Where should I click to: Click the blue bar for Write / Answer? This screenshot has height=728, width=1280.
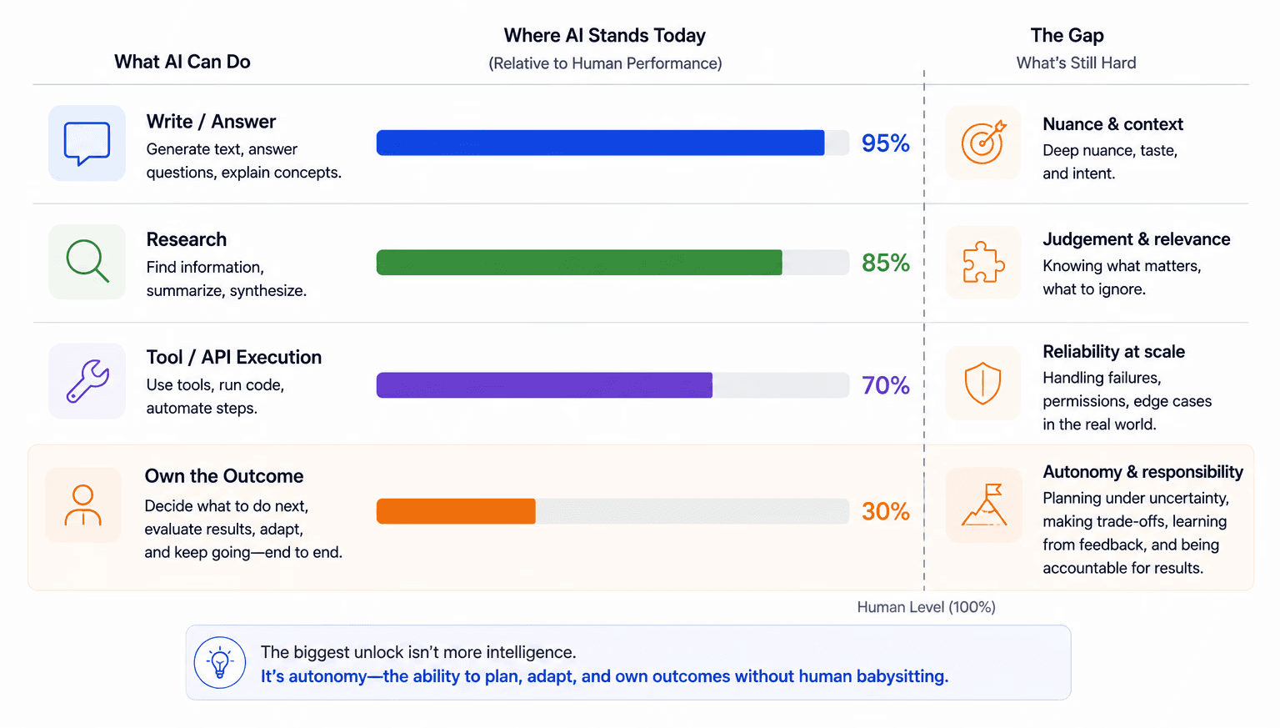(600, 143)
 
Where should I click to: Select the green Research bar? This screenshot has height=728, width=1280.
(579, 263)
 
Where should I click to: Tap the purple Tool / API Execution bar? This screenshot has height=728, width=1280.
(544, 385)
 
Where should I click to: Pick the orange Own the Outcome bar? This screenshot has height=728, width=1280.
(456, 511)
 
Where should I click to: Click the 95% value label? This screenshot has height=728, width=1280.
(885, 143)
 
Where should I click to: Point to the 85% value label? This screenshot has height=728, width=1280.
(885, 263)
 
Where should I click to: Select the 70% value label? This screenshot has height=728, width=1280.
(885, 385)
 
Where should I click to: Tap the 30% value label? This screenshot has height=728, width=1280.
(885, 511)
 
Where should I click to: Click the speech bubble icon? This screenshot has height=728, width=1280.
(87, 143)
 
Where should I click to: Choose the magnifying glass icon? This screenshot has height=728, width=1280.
(87, 261)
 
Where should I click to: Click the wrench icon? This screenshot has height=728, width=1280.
(87, 381)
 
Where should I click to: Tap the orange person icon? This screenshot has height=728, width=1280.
(82, 505)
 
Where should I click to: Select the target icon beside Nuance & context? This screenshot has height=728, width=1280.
(982, 143)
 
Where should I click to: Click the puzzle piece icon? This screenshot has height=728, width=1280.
(982, 263)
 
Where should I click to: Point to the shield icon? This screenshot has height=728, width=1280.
(982, 383)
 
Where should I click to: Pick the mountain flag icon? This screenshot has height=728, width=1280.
(984, 505)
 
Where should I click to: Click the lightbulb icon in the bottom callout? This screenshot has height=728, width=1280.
(220, 662)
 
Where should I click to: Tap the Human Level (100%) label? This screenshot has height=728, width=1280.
(926, 607)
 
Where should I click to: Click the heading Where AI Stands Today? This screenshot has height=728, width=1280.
(604, 36)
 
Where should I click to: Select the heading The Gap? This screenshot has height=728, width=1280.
(1067, 36)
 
